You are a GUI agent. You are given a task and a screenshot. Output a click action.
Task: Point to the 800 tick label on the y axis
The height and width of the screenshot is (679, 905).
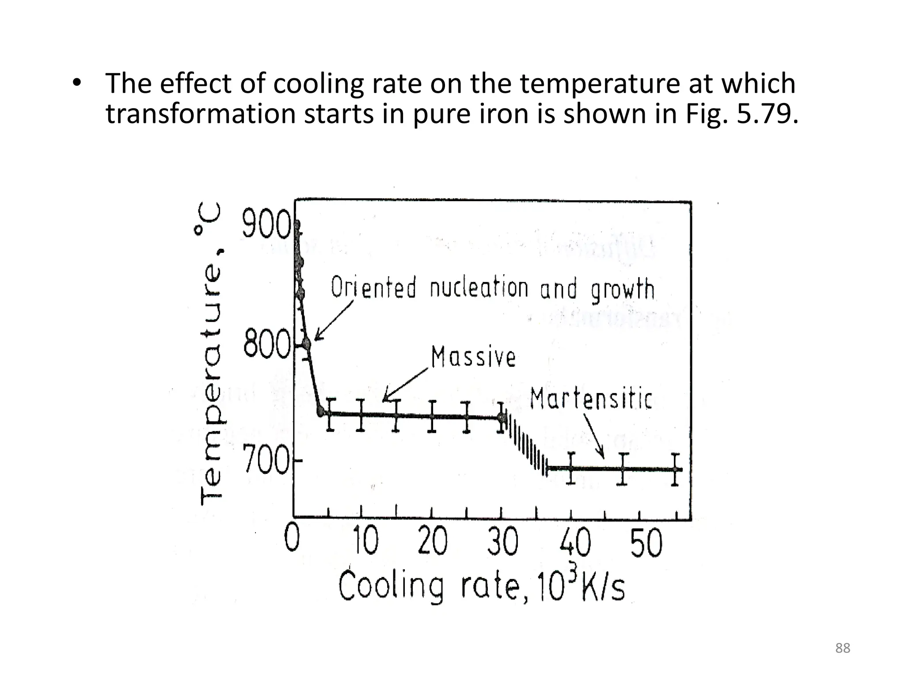[x=266, y=345]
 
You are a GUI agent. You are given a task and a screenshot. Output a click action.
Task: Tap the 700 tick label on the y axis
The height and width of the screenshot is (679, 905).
[x=267, y=462]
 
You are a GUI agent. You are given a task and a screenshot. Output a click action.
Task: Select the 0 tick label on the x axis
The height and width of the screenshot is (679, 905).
[x=292, y=540]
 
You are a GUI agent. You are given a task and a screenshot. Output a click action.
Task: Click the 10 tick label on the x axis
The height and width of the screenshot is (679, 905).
[x=366, y=542]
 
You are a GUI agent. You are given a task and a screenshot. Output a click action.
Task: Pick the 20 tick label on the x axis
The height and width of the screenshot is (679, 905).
[x=433, y=542]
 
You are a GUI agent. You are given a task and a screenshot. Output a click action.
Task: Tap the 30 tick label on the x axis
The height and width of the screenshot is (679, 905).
[x=503, y=542]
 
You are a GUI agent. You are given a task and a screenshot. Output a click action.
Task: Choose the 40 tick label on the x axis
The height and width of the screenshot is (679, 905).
[x=575, y=542]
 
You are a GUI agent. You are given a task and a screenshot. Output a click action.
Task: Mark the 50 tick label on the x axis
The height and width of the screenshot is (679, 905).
[x=646, y=542]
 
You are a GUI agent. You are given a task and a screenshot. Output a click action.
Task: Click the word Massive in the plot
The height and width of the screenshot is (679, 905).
[x=473, y=357]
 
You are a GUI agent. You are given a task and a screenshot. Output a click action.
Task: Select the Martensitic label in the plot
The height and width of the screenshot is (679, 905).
[x=591, y=399]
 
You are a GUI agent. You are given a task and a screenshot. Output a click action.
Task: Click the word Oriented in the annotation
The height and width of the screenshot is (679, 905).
[x=374, y=287]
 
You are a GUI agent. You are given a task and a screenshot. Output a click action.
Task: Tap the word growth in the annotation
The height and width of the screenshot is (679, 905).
[x=623, y=290]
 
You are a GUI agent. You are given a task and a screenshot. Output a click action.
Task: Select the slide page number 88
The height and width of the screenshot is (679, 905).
[x=843, y=648]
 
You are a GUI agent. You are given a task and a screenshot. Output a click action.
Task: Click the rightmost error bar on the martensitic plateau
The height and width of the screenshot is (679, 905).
[x=675, y=469]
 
